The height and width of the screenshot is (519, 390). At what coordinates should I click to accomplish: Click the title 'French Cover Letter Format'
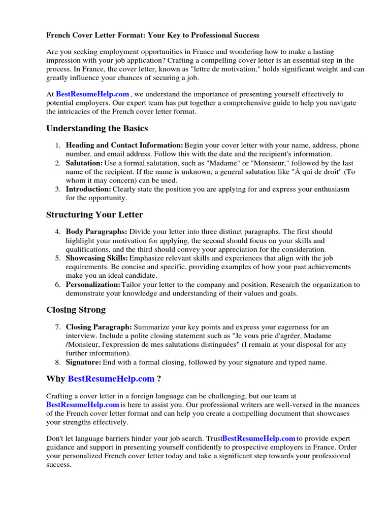tap(152, 35)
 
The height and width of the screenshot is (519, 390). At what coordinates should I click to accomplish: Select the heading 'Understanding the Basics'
tap(97, 128)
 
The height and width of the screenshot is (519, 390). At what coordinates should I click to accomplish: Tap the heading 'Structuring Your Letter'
tap(94, 214)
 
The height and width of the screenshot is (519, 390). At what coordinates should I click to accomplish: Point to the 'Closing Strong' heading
tap(76, 310)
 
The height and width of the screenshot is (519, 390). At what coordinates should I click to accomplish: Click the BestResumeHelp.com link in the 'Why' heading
tap(111, 379)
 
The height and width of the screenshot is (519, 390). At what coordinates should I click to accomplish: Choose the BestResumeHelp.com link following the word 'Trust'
tap(259, 438)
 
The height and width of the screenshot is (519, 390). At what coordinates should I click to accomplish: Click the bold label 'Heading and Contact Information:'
tap(124, 145)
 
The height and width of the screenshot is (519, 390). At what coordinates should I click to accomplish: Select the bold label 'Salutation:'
tap(84, 163)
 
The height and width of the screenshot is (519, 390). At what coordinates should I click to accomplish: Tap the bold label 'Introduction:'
tap(88, 189)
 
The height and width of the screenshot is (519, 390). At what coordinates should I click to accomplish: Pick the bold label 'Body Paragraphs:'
tap(96, 232)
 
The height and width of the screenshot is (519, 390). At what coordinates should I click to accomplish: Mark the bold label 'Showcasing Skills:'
tap(96, 257)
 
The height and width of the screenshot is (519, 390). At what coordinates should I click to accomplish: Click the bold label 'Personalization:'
tap(93, 284)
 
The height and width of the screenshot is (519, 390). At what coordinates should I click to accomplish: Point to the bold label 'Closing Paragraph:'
tap(99, 327)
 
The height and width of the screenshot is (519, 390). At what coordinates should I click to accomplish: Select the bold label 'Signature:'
tap(84, 362)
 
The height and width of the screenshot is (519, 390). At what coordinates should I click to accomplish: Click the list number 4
tap(58, 232)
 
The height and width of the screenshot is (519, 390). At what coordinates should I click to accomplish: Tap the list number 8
tap(58, 362)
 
